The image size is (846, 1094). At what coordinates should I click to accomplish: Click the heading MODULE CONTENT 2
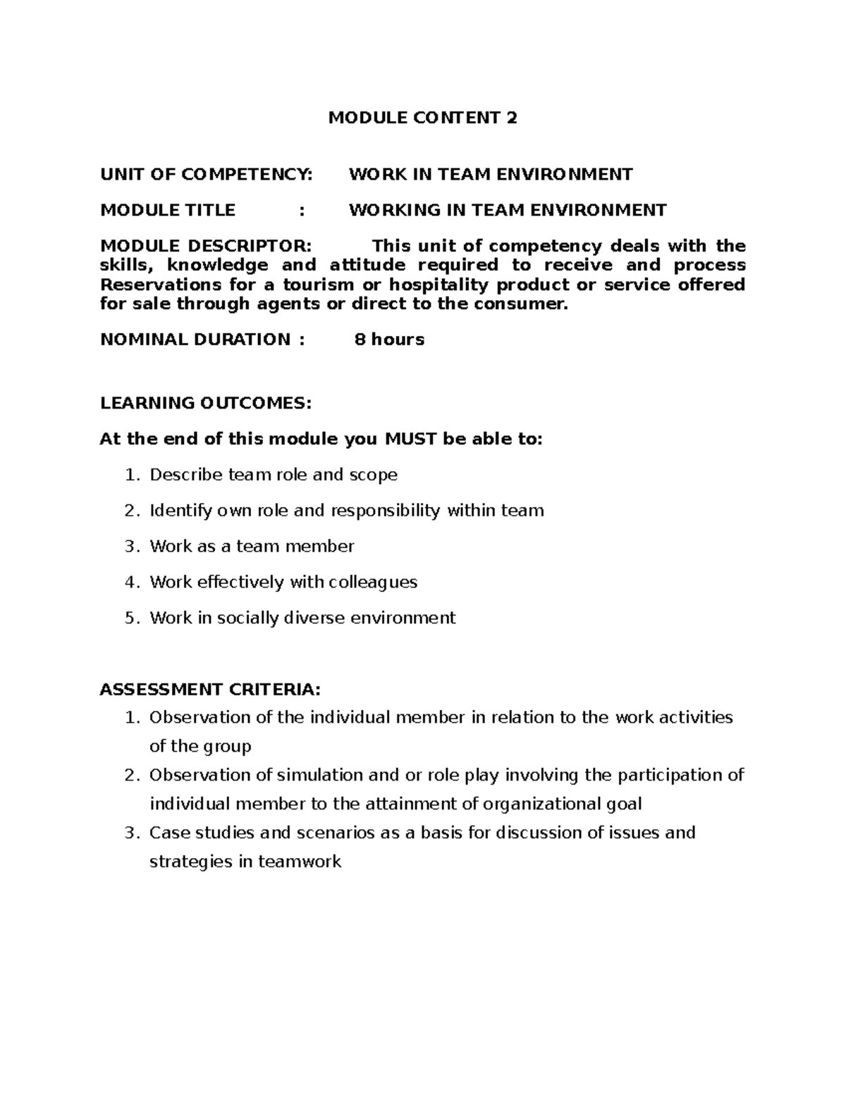[422, 118]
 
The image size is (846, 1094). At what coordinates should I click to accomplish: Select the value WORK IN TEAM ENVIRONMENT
[491, 174]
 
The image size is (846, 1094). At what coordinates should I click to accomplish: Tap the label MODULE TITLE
[168, 210]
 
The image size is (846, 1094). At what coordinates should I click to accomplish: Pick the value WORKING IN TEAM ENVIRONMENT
[508, 210]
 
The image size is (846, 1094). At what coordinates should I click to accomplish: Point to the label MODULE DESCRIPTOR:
[204, 246]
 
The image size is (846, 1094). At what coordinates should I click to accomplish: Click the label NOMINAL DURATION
[195, 340]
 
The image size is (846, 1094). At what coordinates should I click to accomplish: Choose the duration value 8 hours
[389, 340]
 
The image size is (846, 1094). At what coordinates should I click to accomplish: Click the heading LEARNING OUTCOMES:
[205, 403]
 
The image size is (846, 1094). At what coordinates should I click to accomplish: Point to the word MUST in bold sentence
[410, 439]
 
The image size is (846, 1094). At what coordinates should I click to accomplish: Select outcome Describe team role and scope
[274, 475]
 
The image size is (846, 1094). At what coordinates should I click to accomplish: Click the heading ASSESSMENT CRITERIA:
[210, 689]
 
